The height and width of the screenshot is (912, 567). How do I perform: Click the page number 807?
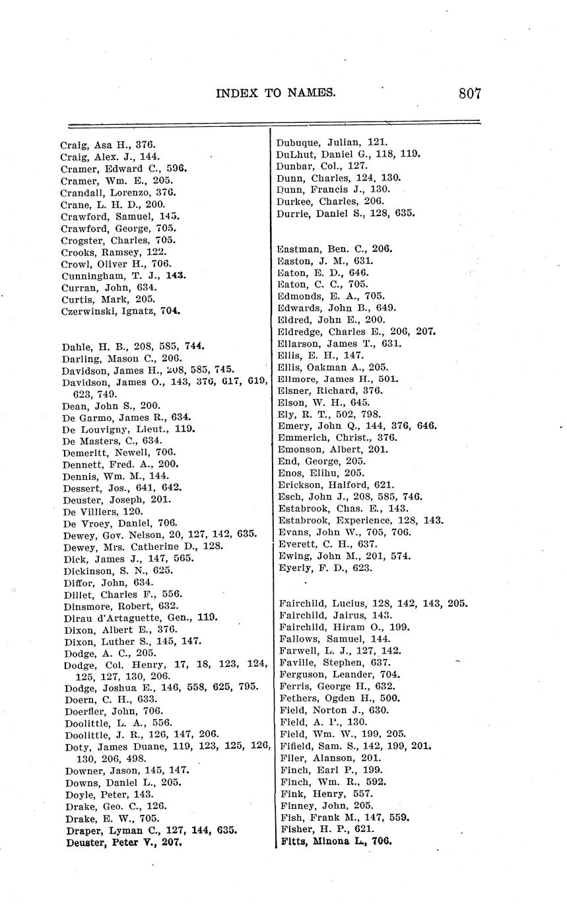click(470, 93)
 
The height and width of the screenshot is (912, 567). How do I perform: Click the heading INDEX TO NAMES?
click(275, 93)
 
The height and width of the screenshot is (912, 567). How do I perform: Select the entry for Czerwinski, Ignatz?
click(121, 311)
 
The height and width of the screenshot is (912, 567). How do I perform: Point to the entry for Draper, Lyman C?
click(151, 830)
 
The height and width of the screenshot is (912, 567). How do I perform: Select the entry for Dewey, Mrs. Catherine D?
click(143, 546)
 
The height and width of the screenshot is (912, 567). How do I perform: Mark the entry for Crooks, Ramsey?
click(114, 252)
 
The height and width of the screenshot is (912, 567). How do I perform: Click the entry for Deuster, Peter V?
click(123, 843)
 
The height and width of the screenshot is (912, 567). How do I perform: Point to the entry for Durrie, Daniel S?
click(346, 213)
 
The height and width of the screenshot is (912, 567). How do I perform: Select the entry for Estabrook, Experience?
click(360, 520)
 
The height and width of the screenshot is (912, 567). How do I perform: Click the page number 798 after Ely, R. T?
click(370, 414)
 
